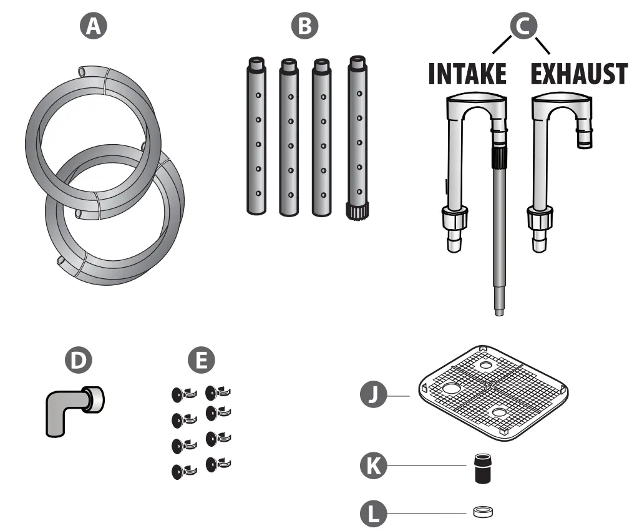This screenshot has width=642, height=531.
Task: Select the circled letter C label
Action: [x=522, y=25]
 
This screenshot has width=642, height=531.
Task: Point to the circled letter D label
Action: [x=79, y=360]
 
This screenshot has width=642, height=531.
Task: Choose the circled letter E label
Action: [x=201, y=360]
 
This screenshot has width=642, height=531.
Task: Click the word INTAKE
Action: [x=467, y=74]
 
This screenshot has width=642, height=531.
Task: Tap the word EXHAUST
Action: [x=578, y=74]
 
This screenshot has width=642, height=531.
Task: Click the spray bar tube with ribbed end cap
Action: [x=357, y=137]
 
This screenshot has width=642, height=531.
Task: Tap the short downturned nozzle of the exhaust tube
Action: [x=585, y=138]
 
